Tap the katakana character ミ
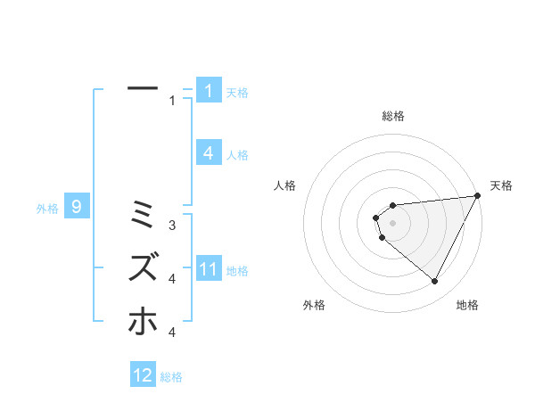[143, 214]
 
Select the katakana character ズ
[143, 267]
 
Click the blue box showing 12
[143, 375]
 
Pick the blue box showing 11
[208, 269]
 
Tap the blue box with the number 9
[77, 208]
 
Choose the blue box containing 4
[208, 153]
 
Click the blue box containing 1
[208, 90]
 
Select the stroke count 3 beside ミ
[172, 225]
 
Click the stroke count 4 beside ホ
[172, 333]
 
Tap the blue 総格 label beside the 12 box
[171, 377]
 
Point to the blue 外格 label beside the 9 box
[47, 209]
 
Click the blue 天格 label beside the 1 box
[237, 92]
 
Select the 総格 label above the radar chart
[392, 116]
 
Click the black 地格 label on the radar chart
[467, 306]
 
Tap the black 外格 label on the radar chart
[314, 306]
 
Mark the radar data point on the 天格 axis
[477, 196]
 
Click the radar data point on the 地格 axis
[435, 282]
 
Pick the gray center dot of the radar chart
[392, 222]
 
